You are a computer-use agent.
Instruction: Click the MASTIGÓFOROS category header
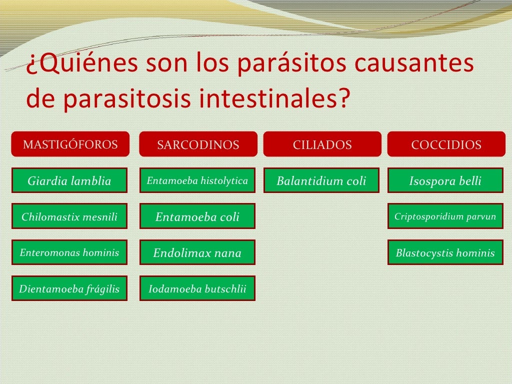[x=70, y=144]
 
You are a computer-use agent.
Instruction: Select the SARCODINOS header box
[x=198, y=144]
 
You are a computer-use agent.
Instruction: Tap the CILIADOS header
[x=322, y=144]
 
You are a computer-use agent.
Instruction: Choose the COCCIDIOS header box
[x=446, y=144]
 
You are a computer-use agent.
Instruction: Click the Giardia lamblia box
[x=69, y=180]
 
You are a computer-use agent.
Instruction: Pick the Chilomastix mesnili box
[x=69, y=216]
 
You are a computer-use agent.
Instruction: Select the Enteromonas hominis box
[x=69, y=252]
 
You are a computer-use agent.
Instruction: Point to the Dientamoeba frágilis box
[x=69, y=288]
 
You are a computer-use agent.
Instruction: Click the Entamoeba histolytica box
[x=197, y=180]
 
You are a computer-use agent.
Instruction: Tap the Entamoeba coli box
[x=197, y=216]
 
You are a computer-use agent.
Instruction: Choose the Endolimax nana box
[x=197, y=252]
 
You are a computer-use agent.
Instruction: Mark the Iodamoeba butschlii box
[x=197, y=288]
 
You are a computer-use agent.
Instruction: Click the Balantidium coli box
[x=321, y=180]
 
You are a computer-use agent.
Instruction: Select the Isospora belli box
[x=445, y=180]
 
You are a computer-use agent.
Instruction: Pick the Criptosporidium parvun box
[x=445, y=216]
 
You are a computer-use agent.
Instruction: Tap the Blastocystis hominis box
[x=445, y=252]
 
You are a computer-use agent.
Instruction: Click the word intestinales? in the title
[x=273, y=99]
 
